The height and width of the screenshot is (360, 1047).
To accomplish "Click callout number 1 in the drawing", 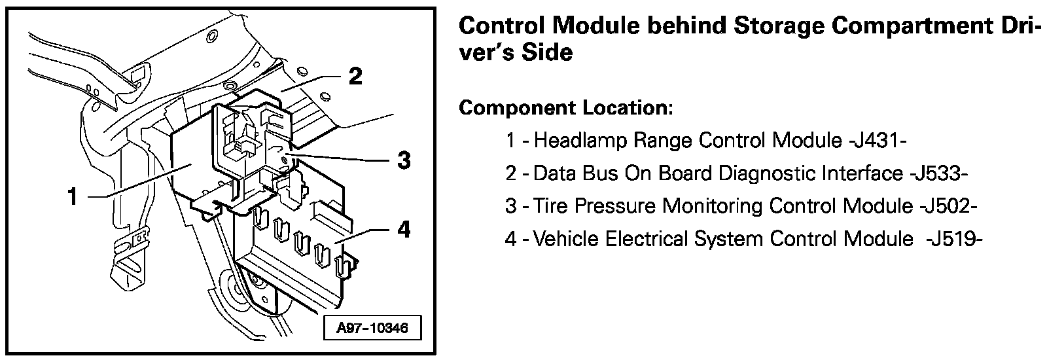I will pos(73,196).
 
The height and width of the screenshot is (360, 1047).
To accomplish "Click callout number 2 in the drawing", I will pos(354,77).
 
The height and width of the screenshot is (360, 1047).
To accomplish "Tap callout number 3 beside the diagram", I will pos(404,159).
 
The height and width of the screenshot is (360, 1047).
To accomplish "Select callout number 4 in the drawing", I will pos(404,230).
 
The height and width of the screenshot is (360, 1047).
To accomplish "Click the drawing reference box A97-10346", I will pos(372,327).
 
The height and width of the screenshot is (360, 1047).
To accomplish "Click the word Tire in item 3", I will pos(548,206).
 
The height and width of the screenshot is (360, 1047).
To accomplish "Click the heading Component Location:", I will pos(566,107).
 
